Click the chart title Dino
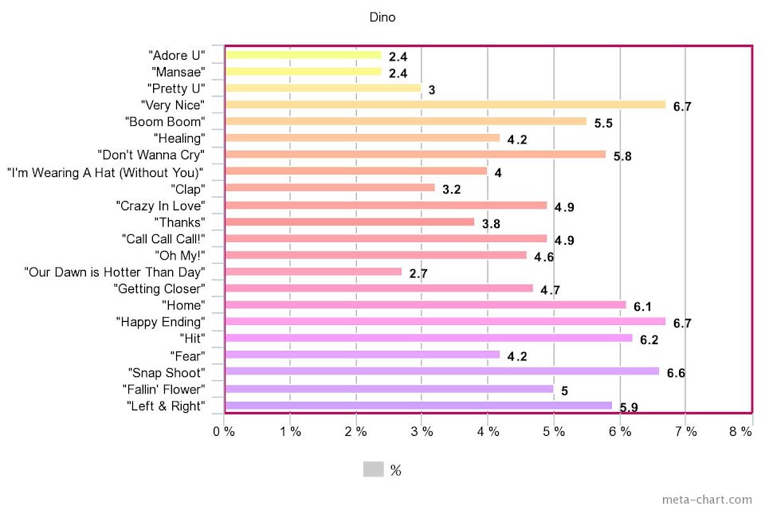(x=382, y=18)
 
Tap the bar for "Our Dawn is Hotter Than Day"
(x=313, y=272)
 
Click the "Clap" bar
(x=330, y=188)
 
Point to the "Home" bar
(x=426, y=304)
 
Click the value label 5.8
(x=622, y=156)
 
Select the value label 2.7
(x=418, y=274)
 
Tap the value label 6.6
(x=676, y=374)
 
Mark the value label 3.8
(x=491, y=224)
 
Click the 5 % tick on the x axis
(x=554, y=431)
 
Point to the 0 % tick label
(x=224, y=431)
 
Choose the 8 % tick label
(x=741, y=431)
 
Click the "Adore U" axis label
(x=177, y=55)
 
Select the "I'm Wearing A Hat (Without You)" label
(x=105, y=171)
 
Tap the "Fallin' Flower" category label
(x=164, y=389)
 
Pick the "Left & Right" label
(x=166, y=406)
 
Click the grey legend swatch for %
(x=373, y=469)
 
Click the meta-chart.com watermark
(x=706, y=500)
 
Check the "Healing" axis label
(x=179, y=138)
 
